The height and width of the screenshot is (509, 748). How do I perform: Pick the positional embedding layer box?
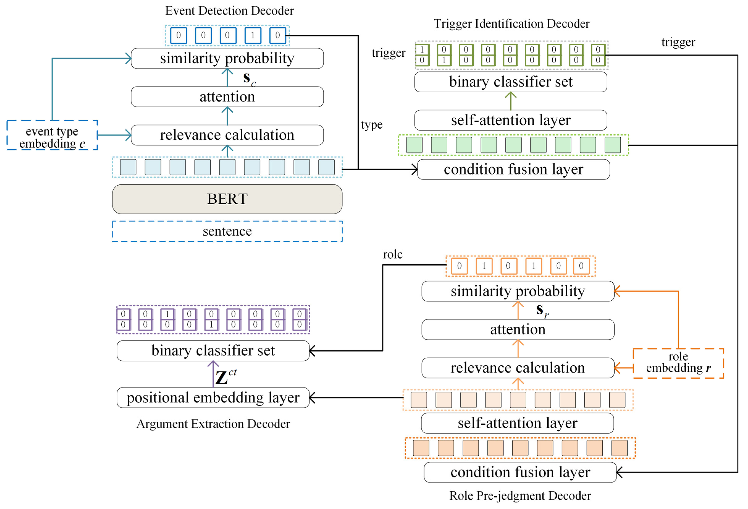pos(213,397)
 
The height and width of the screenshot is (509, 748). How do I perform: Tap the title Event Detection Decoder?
pos(229,11)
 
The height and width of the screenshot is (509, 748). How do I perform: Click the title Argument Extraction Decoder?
pos(213,424)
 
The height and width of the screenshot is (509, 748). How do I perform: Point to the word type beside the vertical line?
pos(371,125)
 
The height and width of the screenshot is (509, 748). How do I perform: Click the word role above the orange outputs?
pos(392,254)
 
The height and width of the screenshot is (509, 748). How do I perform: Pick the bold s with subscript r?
pos(542,310)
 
